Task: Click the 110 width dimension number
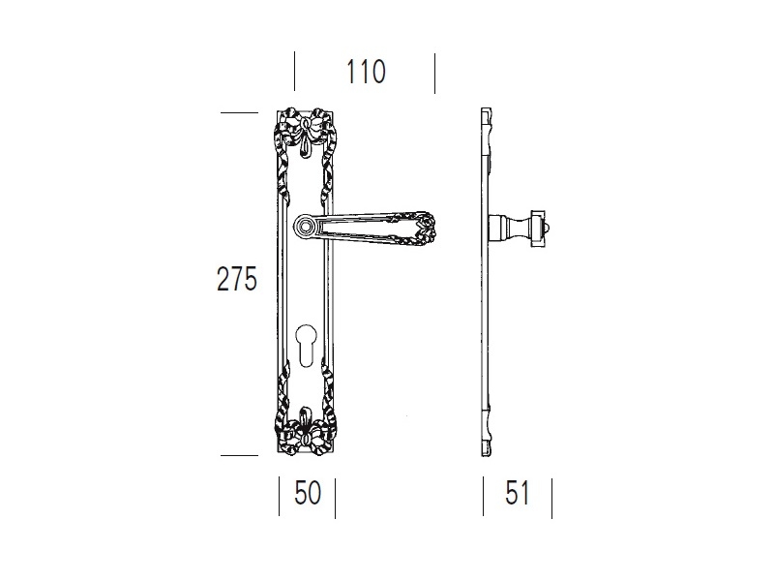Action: click(x=366, y=72)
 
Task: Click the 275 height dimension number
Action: click(x=237, y=279)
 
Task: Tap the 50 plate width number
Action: click(x=308, y=493)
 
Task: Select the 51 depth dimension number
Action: click(x=518, y=493)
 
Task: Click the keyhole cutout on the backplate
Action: click(x=306, y=345)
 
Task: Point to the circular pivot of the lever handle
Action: click(x=306, y=227)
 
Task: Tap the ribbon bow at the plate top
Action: click(x=306, y=129)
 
